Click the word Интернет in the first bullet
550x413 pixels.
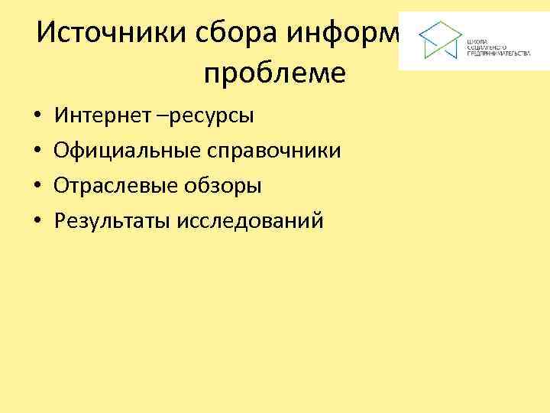(99, 116)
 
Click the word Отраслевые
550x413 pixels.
(115, 186)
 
